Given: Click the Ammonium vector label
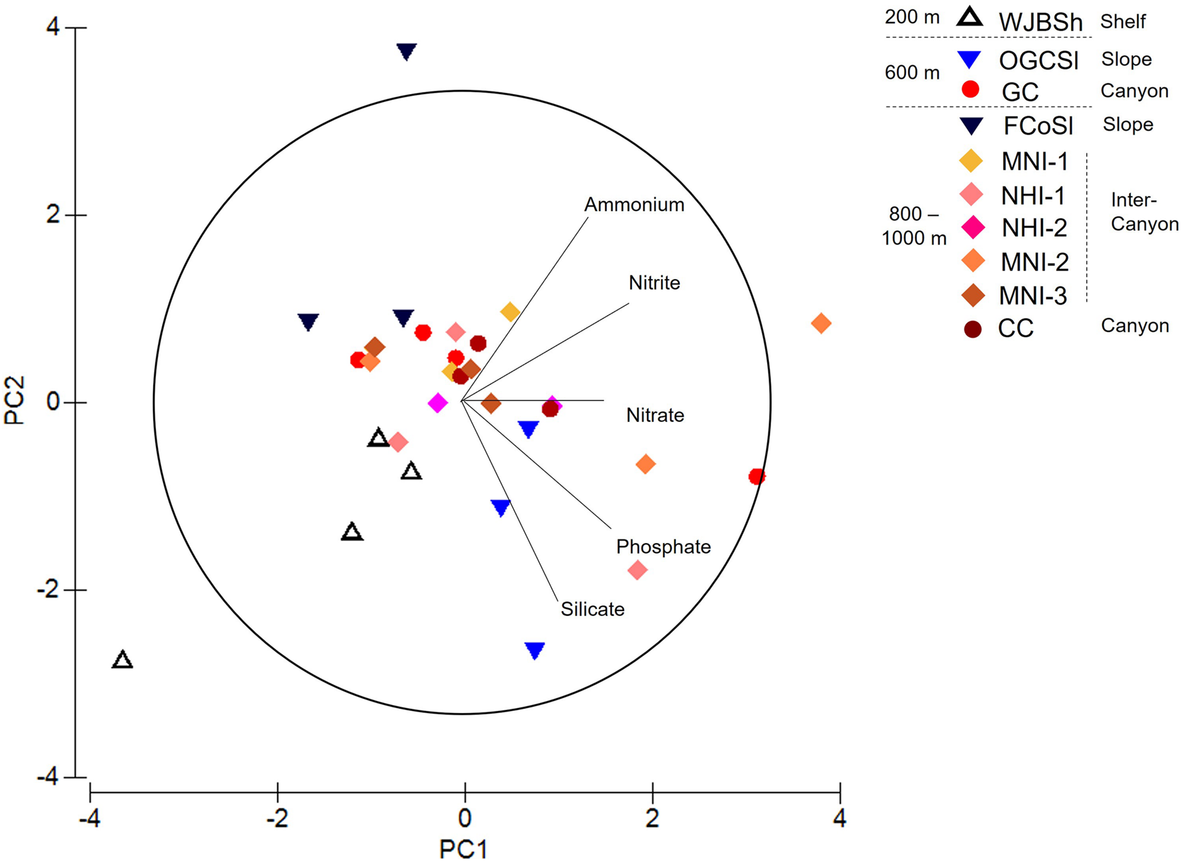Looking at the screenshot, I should [634, 205].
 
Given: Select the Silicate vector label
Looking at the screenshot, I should [592, 609].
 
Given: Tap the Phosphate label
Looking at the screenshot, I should [663, 547].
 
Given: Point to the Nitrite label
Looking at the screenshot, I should [654, 283].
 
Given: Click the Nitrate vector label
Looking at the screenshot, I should [654, 415].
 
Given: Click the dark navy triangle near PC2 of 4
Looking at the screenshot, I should [407, 51].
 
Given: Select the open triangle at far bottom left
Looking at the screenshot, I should [122, 660].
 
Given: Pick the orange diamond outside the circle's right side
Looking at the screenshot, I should [821, 324].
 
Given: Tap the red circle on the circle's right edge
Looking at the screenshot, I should [756, 476].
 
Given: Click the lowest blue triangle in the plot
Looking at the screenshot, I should [535, 650].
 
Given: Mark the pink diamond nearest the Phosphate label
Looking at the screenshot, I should [637, 570].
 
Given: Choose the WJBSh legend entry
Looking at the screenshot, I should [1040, 22].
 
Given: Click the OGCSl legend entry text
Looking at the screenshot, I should [1038, 61].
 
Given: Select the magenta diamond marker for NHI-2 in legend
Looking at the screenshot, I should [973, 227].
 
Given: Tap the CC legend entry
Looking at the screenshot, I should [1015, 329].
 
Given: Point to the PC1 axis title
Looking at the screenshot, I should [464, 848].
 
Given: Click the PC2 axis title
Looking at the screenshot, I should [15, 401].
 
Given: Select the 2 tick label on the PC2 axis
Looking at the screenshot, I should [53, 215].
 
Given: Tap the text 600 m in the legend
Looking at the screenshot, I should [912, 73].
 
